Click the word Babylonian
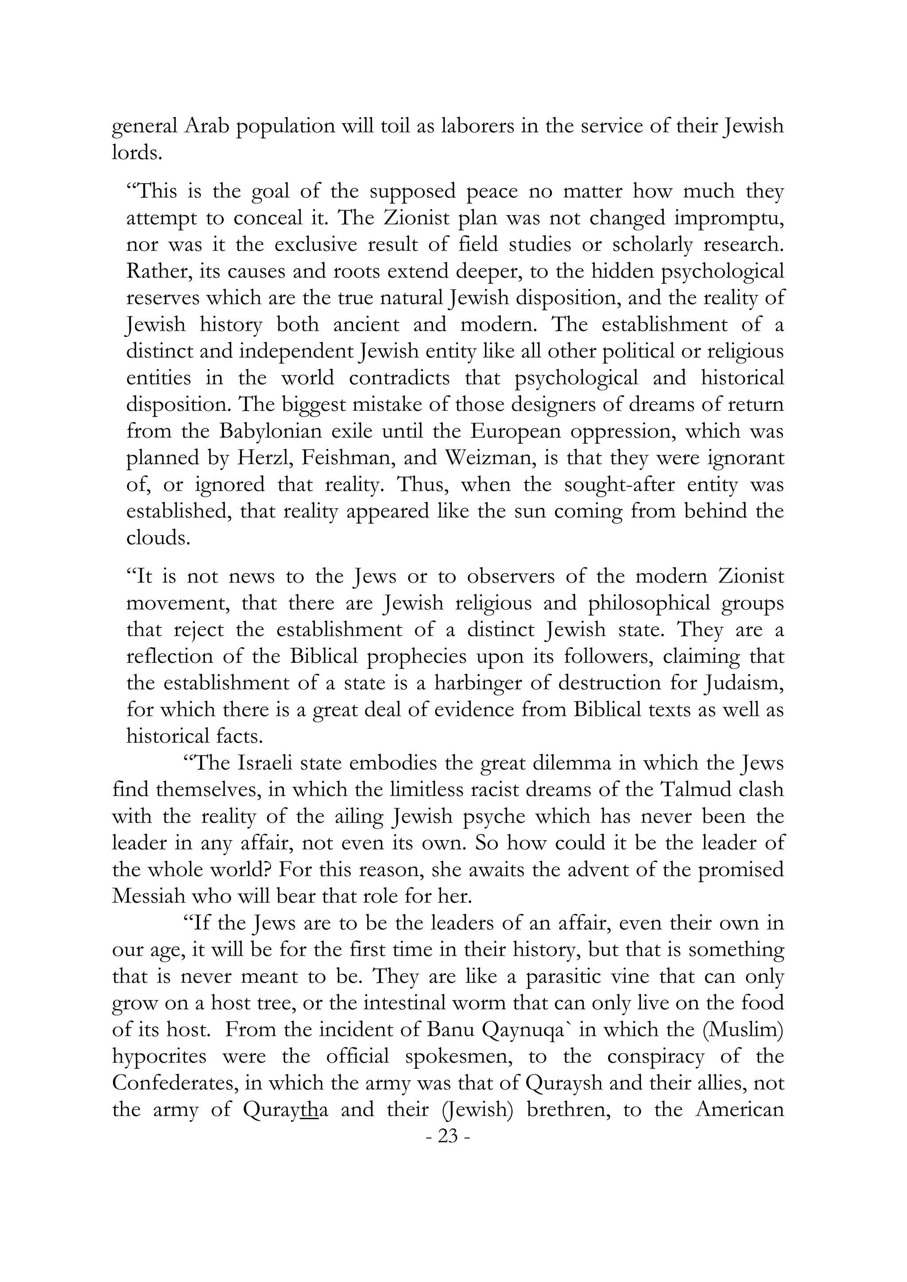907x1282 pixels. click(274, 431)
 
